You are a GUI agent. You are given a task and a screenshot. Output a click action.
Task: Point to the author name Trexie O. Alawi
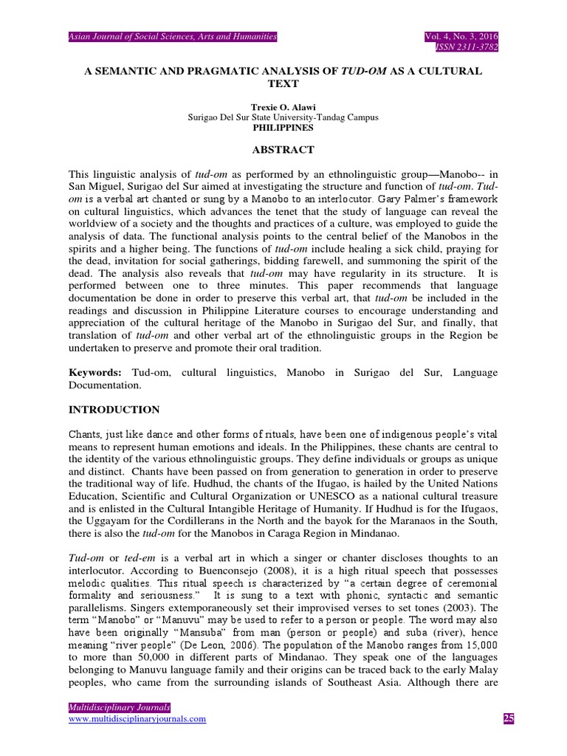(283, 107)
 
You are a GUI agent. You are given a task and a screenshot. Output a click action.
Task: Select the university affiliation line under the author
(283, 117)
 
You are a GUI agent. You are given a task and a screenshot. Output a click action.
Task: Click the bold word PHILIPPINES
(283, 127)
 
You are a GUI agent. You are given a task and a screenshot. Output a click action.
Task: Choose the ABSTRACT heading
(283, 149)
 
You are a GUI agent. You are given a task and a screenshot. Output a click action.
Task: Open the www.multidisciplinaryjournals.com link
(137, 719)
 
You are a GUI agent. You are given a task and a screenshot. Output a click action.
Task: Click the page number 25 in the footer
(507, 719)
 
